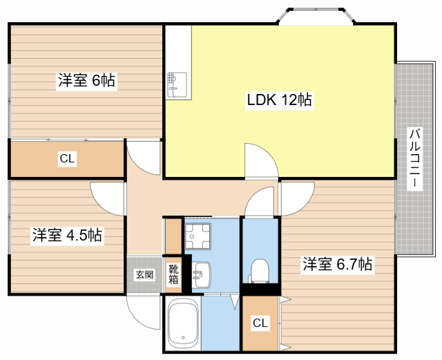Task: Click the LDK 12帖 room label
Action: click(280, 100)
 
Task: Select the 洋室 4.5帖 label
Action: click(67, 235)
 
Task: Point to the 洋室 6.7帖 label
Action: click(338, 264)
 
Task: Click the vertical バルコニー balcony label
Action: click(414, 158)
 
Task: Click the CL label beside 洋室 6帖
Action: click(67, 159)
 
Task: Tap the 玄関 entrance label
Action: click(144, 274)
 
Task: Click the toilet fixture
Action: click(260, 269)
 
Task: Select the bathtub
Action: click(184, 325)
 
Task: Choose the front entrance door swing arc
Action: click(144, 311)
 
